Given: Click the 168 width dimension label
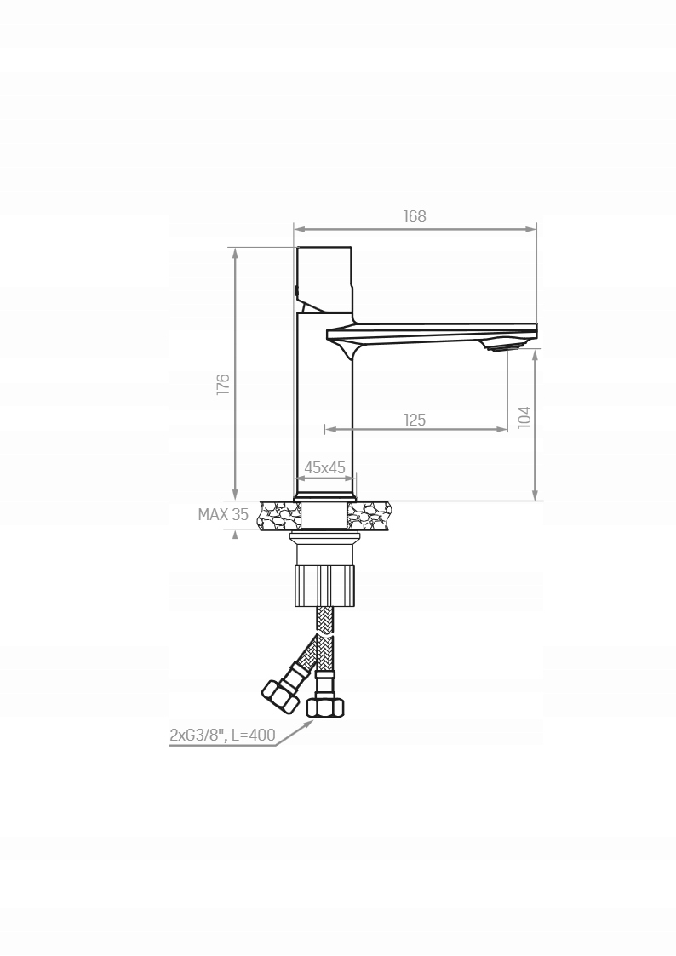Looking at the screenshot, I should point(415,216).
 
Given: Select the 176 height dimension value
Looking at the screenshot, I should point(223,384).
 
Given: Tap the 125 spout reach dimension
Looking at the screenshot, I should point(415,420).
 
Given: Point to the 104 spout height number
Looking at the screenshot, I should point(524,417).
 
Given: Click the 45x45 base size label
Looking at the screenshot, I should point(324,467).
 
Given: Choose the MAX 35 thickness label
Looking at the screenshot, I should point(223,514).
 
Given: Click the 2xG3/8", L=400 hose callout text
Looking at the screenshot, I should point(222,736).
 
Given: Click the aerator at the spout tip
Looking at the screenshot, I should point(501,346).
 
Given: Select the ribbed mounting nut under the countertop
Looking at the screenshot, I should point(324,584).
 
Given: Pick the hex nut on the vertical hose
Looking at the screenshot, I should point(324,707).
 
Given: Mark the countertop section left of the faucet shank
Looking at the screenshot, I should point(280,515).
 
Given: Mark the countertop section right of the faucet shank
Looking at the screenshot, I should point(369,515).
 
